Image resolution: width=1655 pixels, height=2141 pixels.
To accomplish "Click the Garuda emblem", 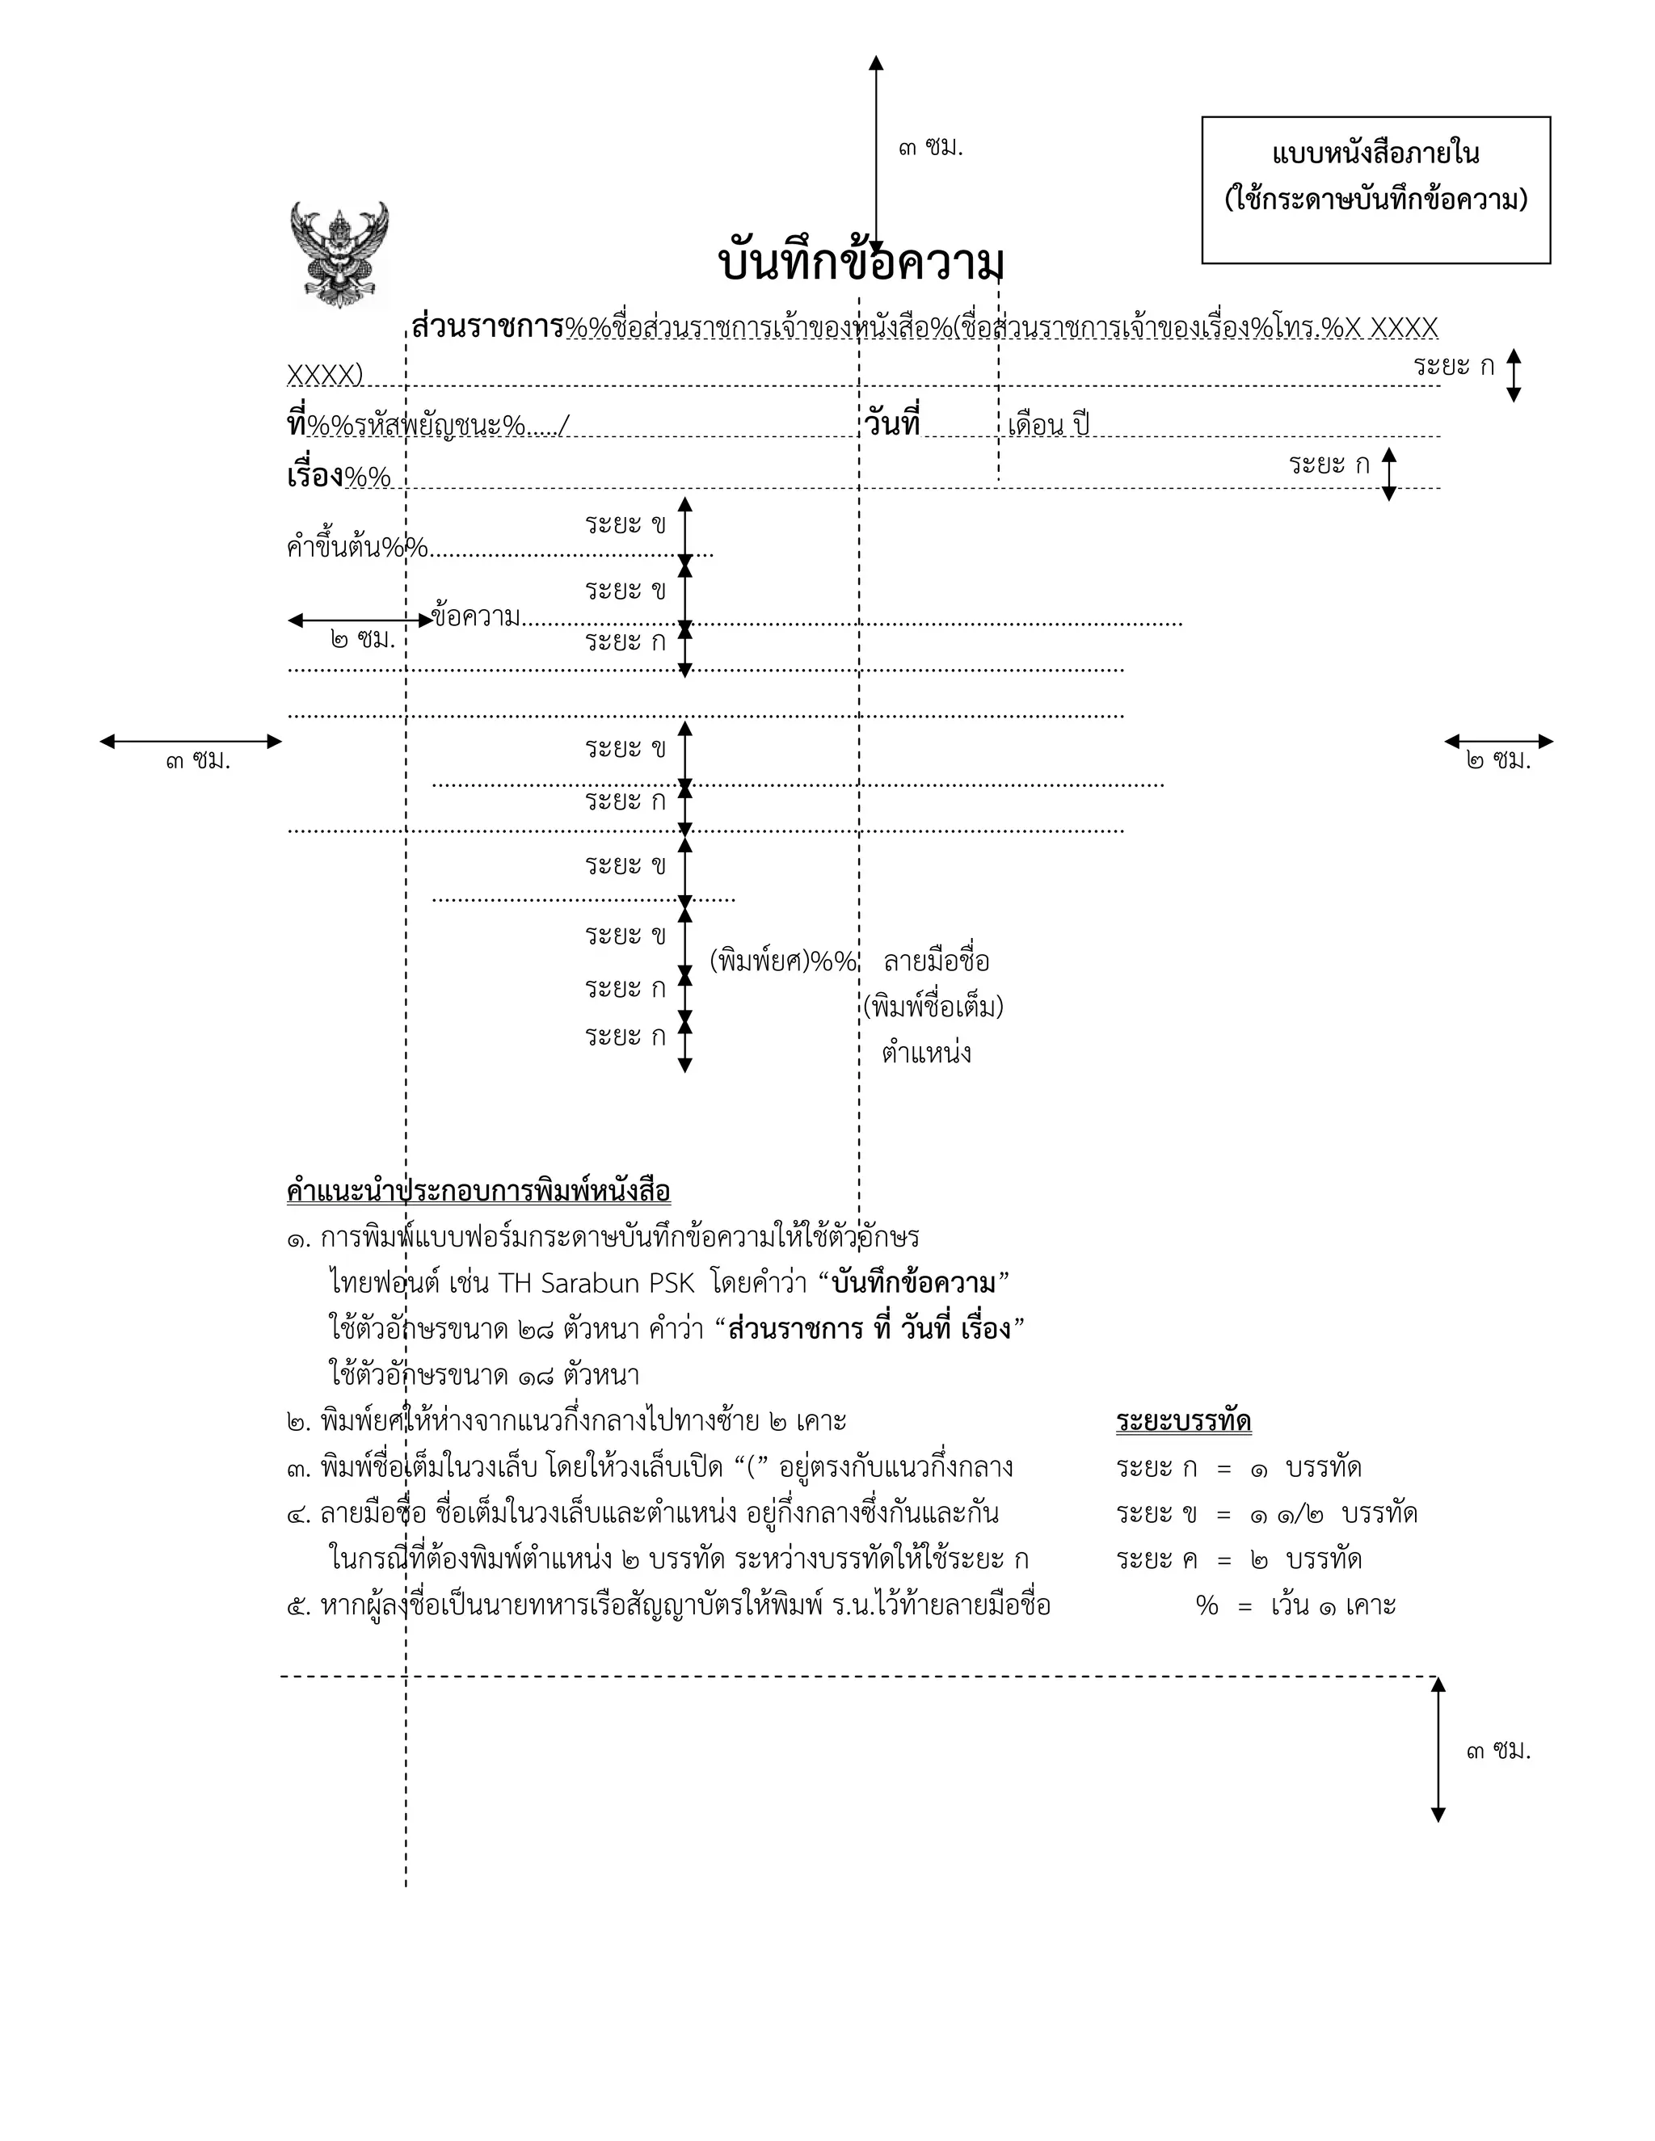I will coord(339,254).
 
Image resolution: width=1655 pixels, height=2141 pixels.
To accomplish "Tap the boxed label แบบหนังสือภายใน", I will coord(1375,154).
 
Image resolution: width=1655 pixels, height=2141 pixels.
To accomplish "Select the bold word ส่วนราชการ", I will coord(487,326).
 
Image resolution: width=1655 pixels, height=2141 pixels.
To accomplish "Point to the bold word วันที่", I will coord(892,423).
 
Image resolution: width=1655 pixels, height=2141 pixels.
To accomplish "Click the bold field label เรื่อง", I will coord(314,477).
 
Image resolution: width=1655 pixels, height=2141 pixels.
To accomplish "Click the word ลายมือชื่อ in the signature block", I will coord(937,961).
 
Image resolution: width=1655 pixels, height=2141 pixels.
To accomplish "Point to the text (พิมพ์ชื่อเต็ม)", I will coord(933,1007).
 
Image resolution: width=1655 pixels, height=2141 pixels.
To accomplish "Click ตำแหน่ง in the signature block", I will coord(927,1054).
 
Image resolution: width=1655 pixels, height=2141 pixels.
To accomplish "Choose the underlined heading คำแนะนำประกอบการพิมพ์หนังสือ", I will coord(478,1192).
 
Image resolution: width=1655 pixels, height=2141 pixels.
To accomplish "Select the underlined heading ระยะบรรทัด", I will coord(1183,1421).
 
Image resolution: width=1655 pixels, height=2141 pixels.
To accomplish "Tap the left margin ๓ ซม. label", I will coord(198,761).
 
